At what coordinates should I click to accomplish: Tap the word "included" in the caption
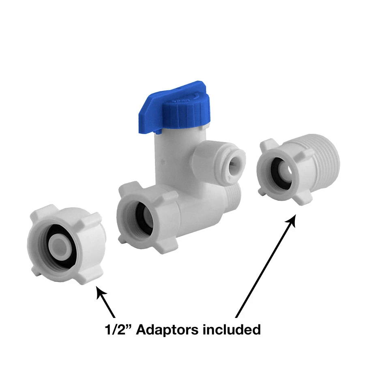[231, 330]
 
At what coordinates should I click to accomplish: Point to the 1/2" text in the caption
[118, 330]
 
